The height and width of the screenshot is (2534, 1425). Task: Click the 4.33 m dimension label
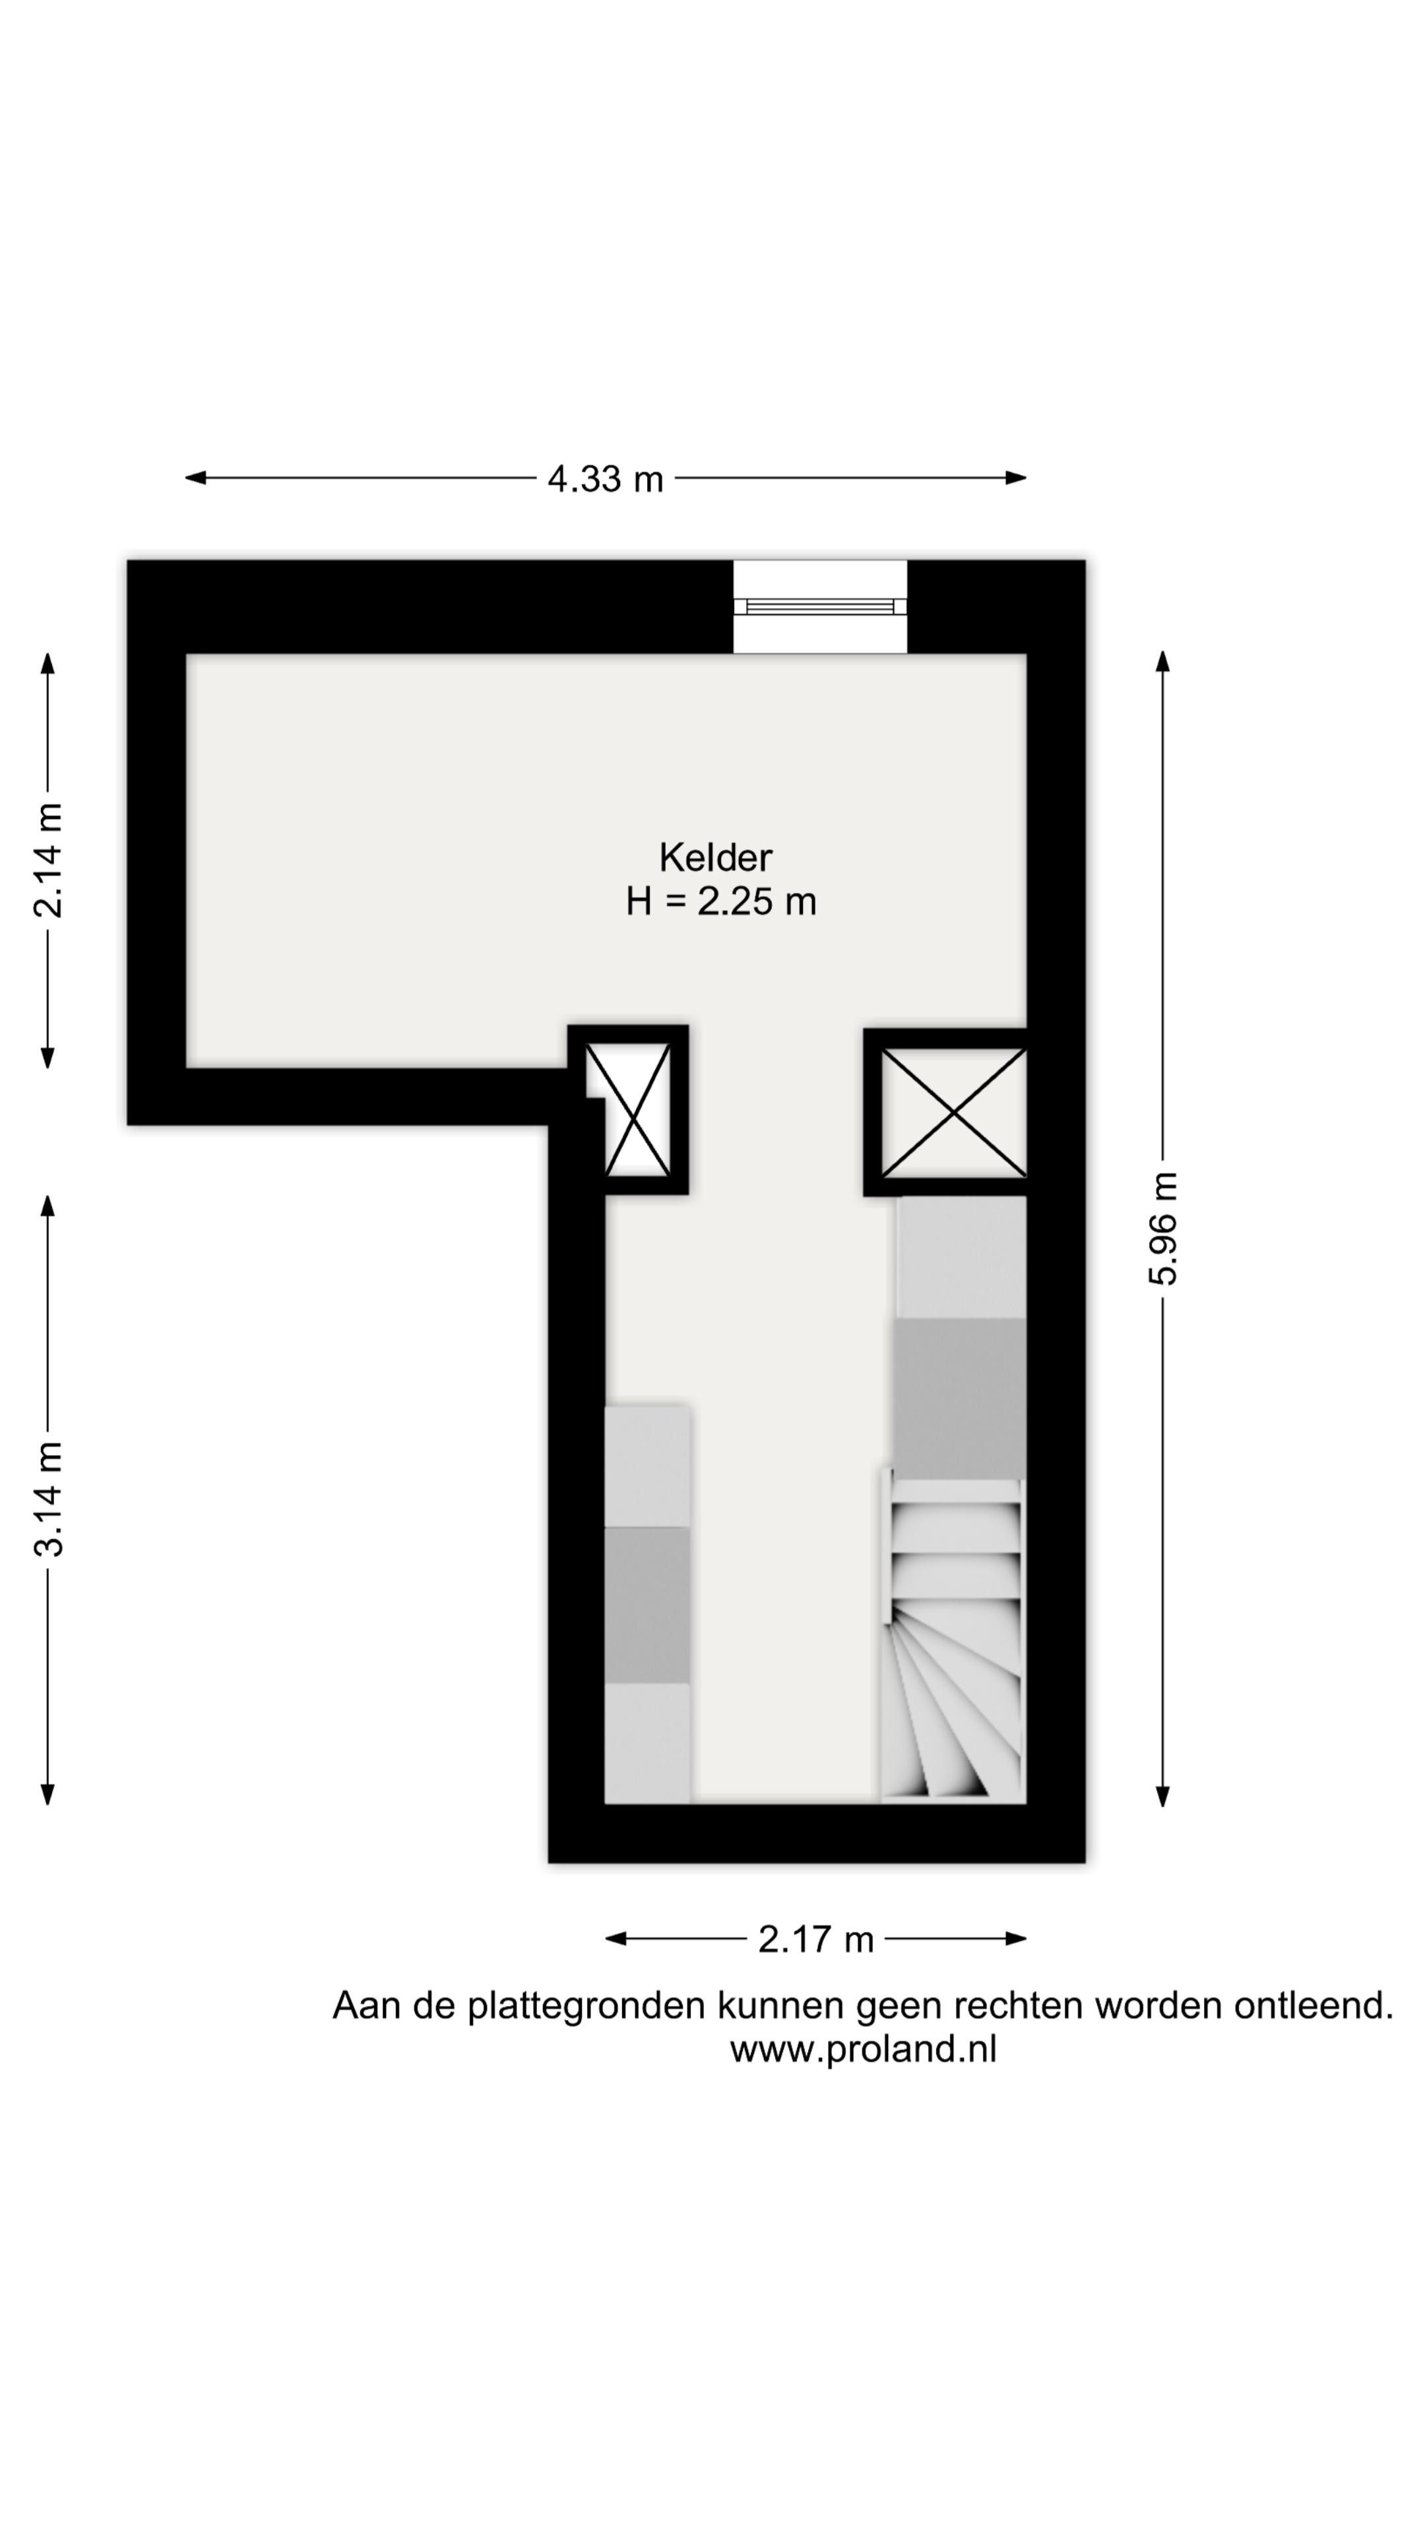605,479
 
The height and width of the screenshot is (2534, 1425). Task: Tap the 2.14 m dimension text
48,860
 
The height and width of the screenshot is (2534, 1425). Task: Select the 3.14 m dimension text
48,1499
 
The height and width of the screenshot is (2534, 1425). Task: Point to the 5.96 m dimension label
1162,1229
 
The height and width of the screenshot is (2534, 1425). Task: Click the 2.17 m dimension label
815,1939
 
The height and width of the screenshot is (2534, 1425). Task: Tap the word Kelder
715,858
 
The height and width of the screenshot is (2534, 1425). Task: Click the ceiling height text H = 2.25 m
721,901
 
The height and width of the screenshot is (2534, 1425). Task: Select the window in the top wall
820,606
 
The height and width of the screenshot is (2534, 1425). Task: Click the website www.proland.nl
862,2049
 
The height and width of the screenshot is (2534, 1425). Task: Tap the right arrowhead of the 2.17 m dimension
1016,1939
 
